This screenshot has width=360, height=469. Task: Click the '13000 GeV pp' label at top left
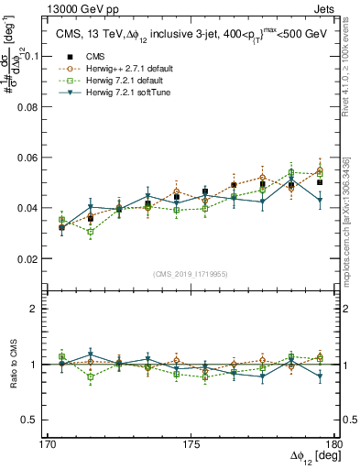tap(41, 7)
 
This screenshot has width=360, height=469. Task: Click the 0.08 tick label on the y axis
tap(38, 106)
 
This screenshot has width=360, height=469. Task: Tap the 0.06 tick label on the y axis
tap(38, 157)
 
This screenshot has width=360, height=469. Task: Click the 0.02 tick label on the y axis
tap(38, 258)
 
